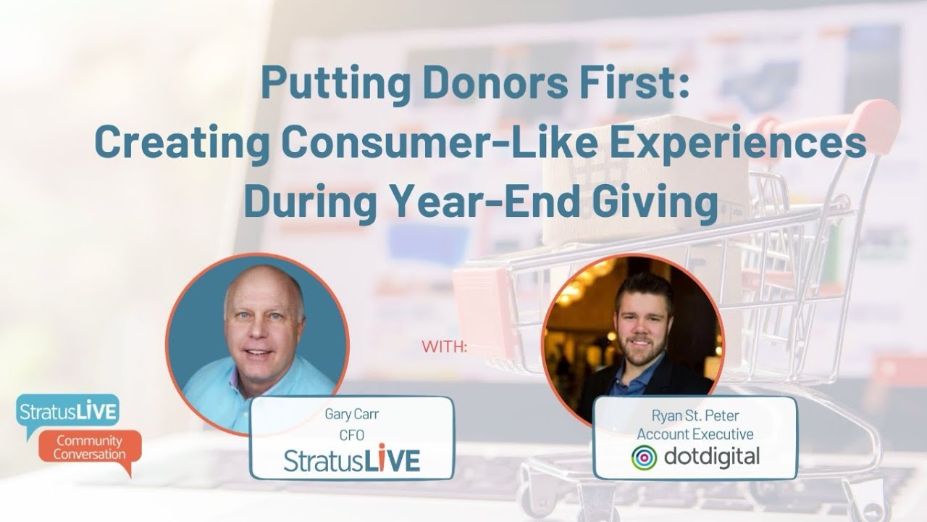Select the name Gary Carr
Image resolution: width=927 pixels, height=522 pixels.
tap(351, 415)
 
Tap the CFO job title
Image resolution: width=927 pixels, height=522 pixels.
tap(351, 435)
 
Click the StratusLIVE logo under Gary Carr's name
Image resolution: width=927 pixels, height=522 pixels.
tap(351, 461)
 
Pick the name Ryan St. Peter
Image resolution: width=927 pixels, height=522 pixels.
tap(695, 416)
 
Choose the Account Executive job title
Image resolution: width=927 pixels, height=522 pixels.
tap(695, 435)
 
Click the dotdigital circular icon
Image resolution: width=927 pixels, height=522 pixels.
tap(644, 457)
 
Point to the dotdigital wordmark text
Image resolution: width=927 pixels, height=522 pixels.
tap(710, 457)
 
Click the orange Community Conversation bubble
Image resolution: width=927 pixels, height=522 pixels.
tap(89, 449)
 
